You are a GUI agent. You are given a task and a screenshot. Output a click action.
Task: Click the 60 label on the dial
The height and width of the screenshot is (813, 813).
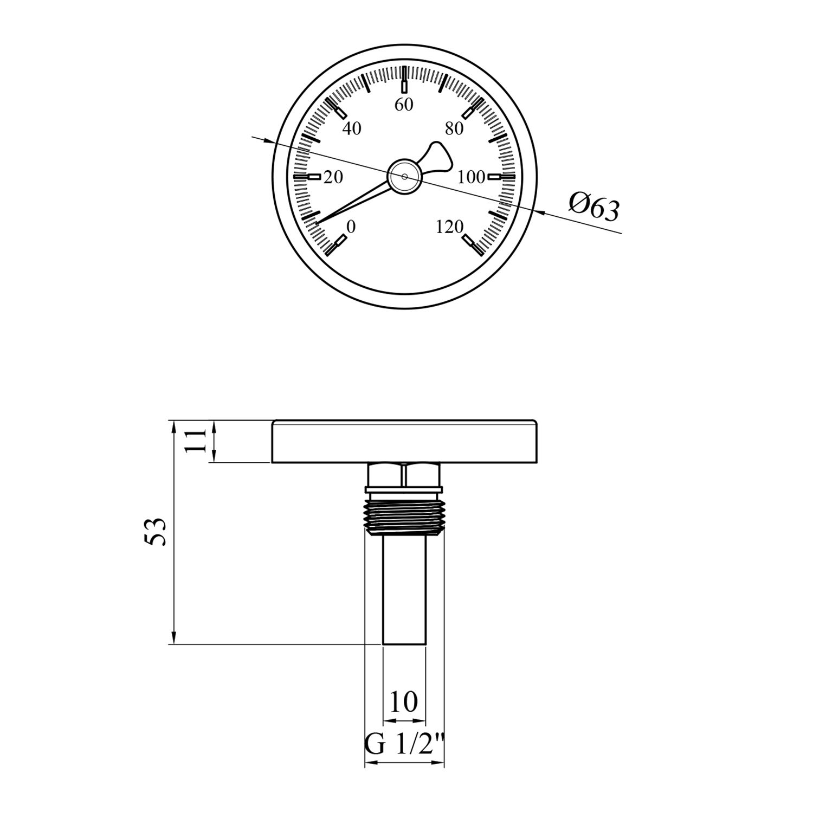coord(404,105)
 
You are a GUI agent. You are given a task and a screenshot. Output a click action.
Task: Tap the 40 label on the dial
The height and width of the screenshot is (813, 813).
coord(352,129)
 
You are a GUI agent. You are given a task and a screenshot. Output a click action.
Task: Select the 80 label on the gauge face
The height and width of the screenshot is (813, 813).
coord(454,129)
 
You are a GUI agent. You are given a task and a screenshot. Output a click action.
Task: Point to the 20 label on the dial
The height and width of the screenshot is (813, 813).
coord(333,177)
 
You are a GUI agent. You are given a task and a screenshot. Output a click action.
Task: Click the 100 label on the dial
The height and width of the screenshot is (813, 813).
coord(471,177)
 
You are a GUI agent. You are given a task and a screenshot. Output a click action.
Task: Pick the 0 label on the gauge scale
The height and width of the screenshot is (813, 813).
coord(351,227)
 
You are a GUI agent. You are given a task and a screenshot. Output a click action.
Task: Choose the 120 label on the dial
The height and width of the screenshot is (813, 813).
coord(449,227)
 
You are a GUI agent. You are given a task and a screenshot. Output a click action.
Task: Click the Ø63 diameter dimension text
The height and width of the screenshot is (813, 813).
coord(593,208)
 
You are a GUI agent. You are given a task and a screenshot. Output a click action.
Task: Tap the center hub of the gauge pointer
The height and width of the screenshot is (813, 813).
coord(404,176)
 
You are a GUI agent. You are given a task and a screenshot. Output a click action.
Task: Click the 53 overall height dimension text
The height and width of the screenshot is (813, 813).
coord(155,531)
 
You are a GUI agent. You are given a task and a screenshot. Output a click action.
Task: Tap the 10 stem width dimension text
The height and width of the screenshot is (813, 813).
coord(404,701)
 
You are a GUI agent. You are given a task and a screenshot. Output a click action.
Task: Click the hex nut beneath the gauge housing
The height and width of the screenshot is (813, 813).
coord(404,475)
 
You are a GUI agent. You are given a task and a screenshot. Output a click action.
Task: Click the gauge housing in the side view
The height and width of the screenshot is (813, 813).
coord(404,441)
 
